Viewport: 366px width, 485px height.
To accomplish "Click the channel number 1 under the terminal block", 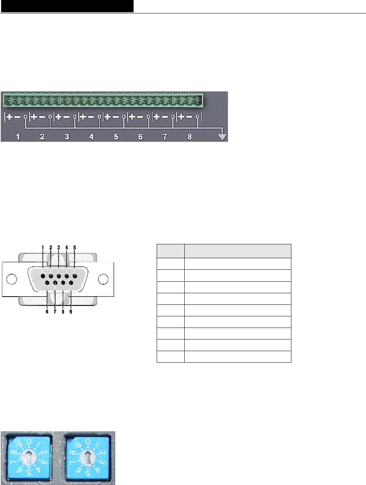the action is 18,137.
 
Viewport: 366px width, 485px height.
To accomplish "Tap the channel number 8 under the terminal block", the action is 189,137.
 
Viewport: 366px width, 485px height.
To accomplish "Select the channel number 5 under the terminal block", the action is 116,137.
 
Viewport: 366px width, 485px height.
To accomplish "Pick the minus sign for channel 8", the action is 189,117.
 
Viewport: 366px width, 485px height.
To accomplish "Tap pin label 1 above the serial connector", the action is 43,247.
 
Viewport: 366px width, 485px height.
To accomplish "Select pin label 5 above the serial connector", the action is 75,247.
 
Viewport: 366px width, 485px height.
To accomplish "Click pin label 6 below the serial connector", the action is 47,312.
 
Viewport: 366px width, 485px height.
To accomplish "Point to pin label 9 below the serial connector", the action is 71,312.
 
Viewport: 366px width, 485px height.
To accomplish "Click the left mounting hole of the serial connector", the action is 12,279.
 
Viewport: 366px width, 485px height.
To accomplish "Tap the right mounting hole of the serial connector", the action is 103,279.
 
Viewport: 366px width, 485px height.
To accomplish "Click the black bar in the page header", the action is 67,6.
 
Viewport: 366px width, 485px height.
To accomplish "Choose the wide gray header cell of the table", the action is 238,251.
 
